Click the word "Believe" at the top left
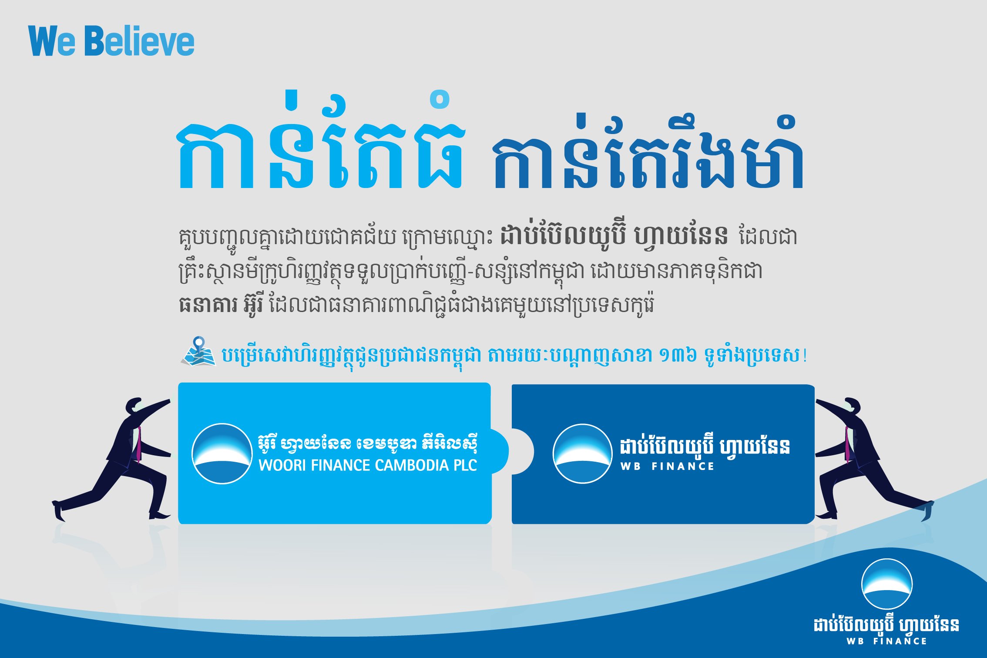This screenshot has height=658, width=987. tap(140, 41)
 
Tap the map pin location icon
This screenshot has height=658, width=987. tap(199, 351)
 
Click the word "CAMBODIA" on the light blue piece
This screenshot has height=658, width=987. tap(410, 465)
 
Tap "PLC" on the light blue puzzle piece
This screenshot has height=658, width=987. tap(464, 465)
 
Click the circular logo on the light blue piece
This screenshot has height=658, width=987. tap(222, 453)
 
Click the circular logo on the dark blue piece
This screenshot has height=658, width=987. tap(582, 453)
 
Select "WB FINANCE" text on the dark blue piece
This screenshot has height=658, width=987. tap(667, 467)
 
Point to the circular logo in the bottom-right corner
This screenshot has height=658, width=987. tap(886, 584)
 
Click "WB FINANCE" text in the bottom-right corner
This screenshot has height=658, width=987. tap(886, 641)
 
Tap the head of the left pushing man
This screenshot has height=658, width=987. tap(134, 406)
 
